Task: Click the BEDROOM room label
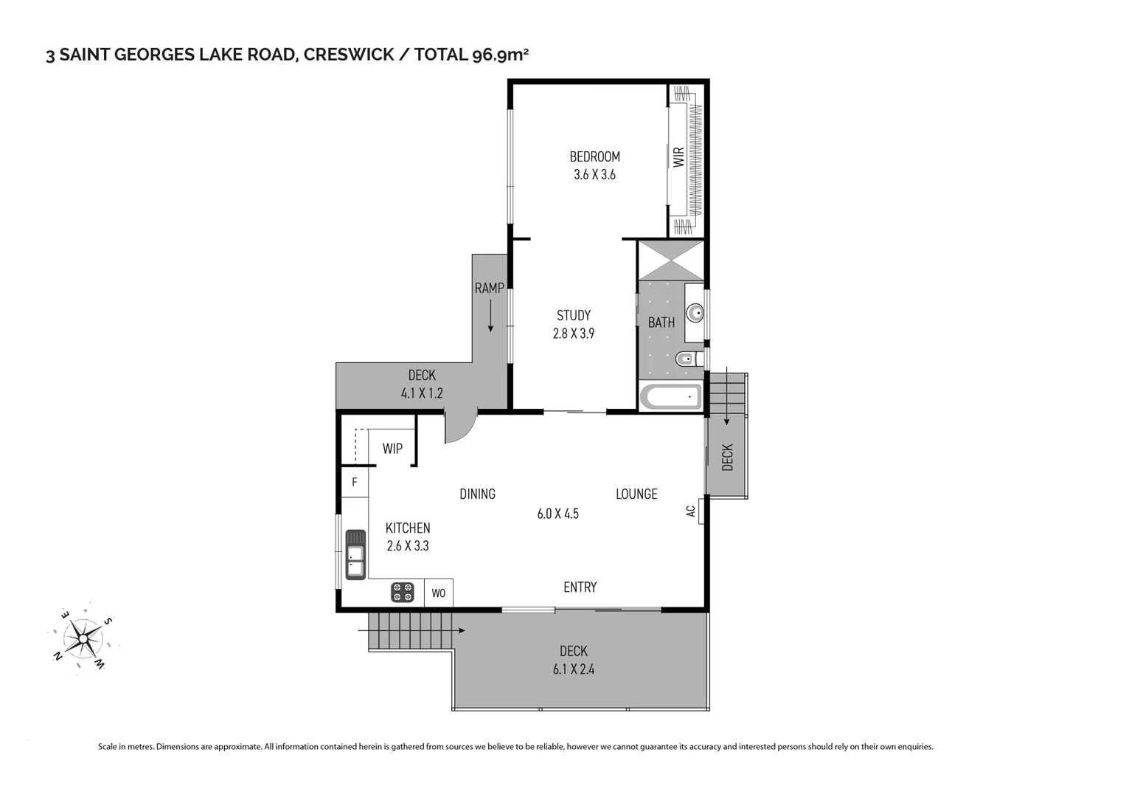point(594,156)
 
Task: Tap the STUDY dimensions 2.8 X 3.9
point(573,334)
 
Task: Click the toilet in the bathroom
point(685,360)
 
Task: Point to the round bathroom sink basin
point(695,314)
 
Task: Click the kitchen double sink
point(355,554)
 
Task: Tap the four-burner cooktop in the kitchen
point(403,592)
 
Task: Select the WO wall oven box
point(438,593)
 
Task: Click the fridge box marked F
point(355,483)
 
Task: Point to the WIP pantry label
point(392,449)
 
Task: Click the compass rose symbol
point(83,637)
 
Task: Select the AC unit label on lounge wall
point(692,511)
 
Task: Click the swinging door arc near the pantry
point(460,428)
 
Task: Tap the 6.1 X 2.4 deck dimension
point(573,670)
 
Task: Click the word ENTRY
point(580,587)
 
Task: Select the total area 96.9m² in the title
point(500,55)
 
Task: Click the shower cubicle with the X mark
point(671,260)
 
